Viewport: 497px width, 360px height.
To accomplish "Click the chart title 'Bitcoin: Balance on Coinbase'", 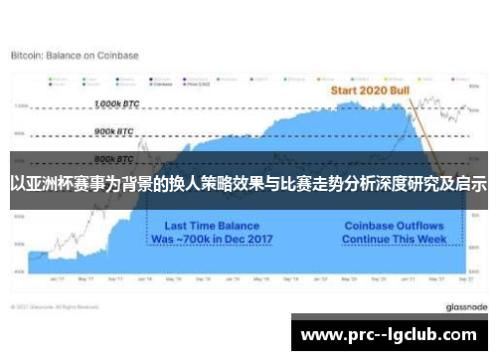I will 75,56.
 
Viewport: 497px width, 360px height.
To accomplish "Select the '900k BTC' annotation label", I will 113,131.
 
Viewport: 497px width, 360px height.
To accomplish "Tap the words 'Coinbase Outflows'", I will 393,226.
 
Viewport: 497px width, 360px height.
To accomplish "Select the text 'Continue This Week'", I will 393,240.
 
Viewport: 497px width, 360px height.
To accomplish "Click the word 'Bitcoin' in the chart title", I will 26,56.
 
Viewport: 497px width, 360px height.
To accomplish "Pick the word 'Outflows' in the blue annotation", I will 420,226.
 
